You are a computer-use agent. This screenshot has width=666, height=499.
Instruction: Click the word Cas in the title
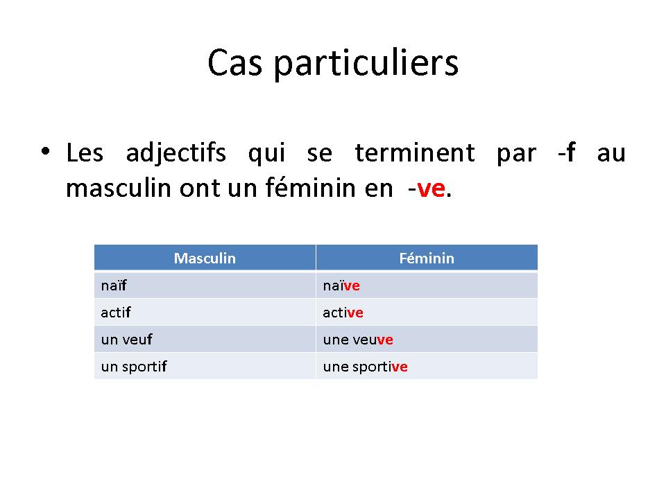[x=235, y=62]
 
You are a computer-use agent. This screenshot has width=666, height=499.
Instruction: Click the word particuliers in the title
[x=366, y=64]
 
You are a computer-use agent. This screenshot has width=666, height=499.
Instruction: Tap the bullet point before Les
[x=46, y=151]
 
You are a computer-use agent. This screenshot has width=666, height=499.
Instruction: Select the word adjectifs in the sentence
[x=176, y=153]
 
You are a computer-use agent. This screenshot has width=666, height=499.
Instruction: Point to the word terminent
[x=415, y=152]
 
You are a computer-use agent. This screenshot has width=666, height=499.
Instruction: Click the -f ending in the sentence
[x=567, y=152]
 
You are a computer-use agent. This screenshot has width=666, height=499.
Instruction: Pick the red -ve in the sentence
[x=427, y=188]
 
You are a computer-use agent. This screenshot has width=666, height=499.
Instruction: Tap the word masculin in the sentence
[x=119, y=188]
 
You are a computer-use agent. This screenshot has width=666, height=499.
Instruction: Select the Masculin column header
[x=205, y=258]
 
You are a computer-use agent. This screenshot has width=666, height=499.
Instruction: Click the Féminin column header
[x=427, y=258]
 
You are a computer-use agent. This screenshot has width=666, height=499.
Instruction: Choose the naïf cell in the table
[x=205, y=286]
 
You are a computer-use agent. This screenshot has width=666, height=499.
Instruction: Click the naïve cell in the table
[x=427, y=286]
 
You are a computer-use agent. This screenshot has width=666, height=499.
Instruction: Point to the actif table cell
[x=205, y=313]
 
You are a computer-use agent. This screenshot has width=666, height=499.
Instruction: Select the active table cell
[x=427, y=313]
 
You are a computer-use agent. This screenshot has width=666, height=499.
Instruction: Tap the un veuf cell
[x=205, y=339]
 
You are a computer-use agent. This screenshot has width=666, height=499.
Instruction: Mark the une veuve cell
[x=427, y=339]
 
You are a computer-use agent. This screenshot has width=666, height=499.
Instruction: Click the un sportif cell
[x=205, y=366]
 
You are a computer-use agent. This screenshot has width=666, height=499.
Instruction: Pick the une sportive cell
[x=427, y=366]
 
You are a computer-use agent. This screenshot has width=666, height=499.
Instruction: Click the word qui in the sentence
[x=266, y=154]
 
